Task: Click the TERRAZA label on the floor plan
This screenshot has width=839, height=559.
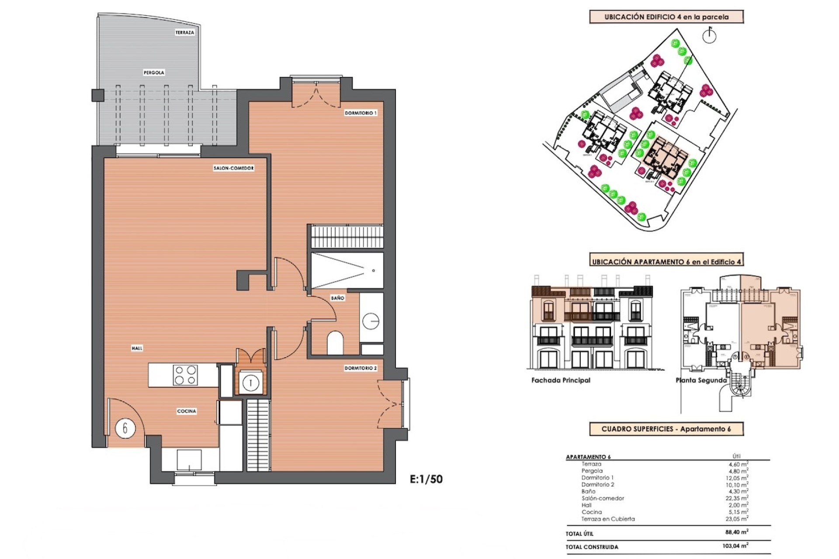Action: (x=184, y=33)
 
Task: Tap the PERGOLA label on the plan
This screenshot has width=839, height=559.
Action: (x=154, y=73)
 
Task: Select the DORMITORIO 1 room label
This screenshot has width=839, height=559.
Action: (x=361, y=113)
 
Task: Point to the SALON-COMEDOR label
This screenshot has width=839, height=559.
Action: (x=234, y=168)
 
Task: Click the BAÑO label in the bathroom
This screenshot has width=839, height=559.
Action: (x=337, y=298)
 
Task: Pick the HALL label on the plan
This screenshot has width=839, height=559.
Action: (x=137, y=348)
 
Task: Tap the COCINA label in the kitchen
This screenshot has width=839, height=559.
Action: (x=187, y=411)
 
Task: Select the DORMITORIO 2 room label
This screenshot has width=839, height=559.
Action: (x=361, y=368)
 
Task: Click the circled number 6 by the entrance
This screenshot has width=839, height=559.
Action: (x=125, y=428)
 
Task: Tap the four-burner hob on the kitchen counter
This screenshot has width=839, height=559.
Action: (x=185, y=376)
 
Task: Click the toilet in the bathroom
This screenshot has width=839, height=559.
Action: (x=335, y=343)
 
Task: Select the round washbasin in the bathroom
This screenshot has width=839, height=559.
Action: (x=371, y=321)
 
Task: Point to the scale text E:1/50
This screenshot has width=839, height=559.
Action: (x=426, y=479)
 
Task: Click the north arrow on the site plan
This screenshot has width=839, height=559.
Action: (x=709, y=35)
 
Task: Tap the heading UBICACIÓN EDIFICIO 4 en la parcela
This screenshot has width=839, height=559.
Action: (x=666, y=17)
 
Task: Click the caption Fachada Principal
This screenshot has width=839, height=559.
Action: (x=561, y=380)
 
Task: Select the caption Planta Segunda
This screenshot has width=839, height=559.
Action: (x=701, y=380)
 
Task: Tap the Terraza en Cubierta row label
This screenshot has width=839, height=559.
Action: (x=608, y=519)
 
